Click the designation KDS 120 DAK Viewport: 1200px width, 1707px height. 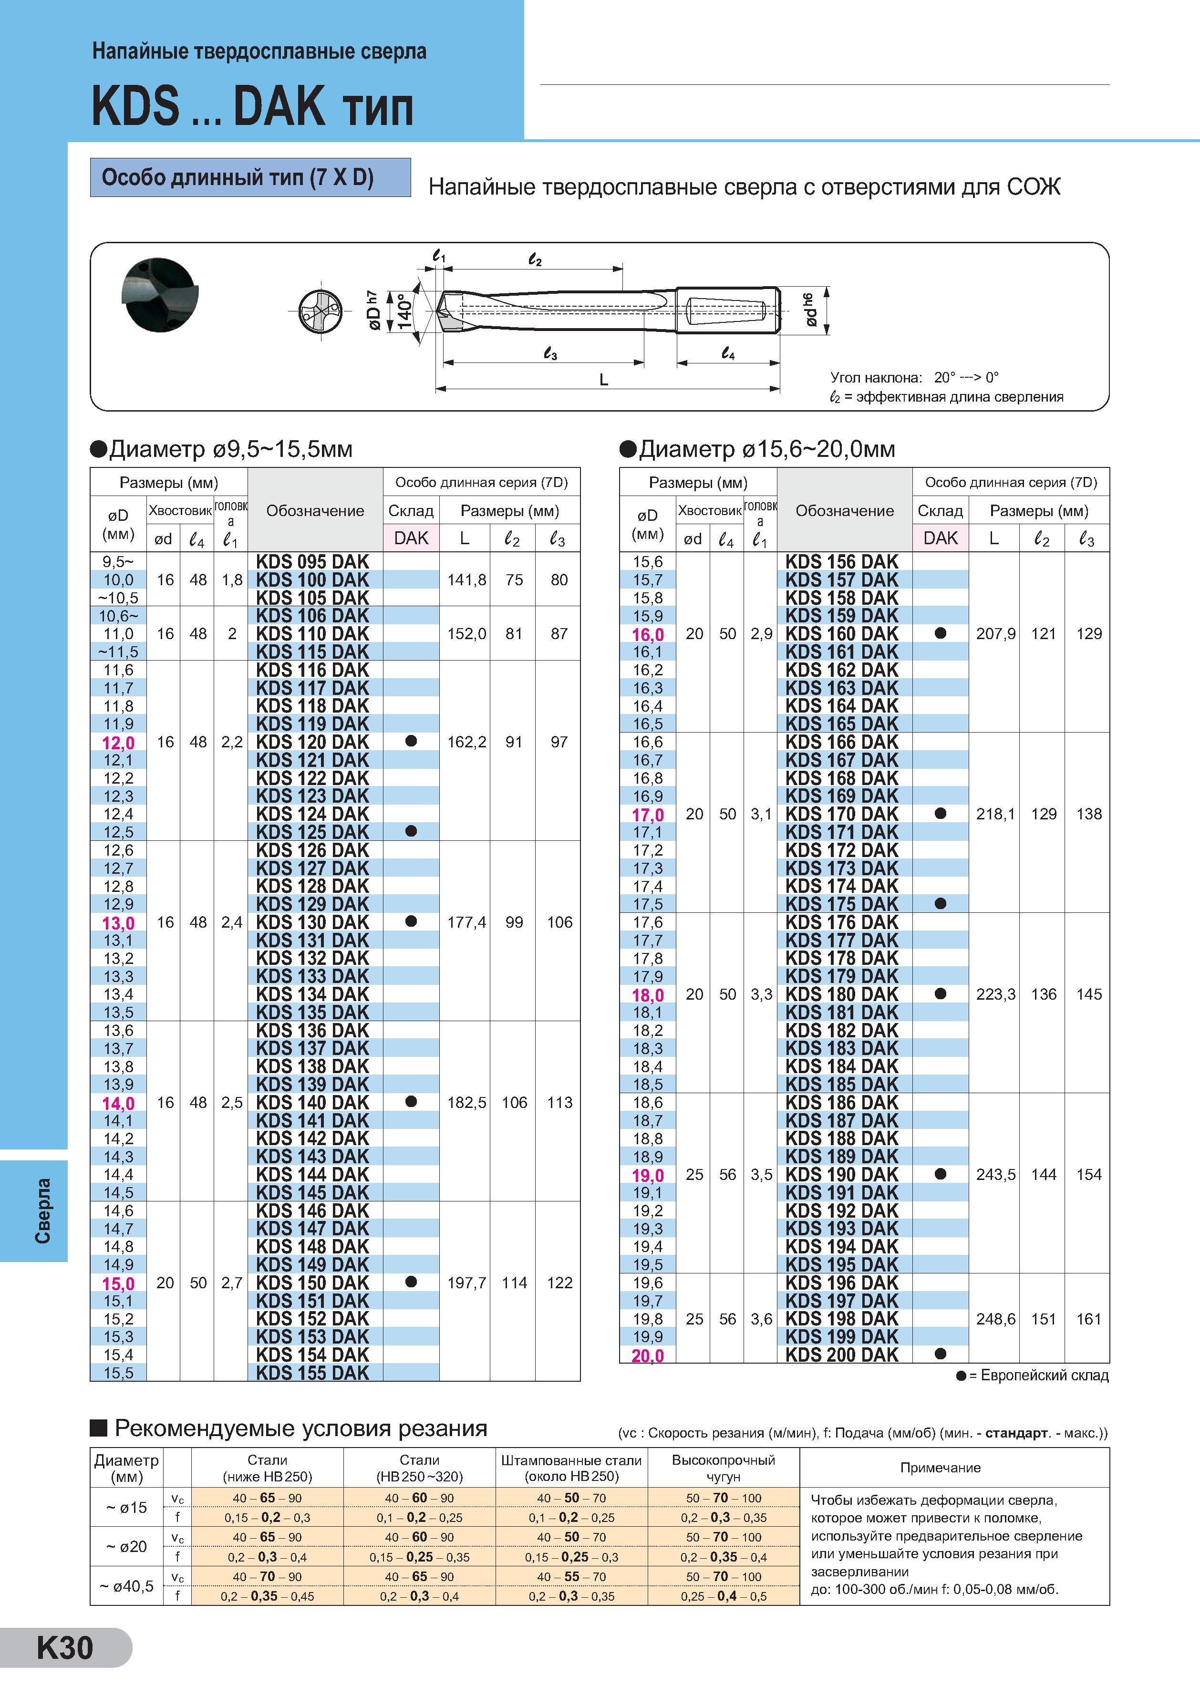pyautogui.click(x=312, y=742)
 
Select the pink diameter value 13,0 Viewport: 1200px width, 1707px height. pyautogui.click(x=118, y=922)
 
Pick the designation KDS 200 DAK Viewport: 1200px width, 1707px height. pyautogui.click(x=842, y=1355)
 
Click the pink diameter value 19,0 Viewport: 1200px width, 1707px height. pyautogui.click(x=648, y=1175)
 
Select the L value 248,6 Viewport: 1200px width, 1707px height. pyautogui.click(x=995, y=1319)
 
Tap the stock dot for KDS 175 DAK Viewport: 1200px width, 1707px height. pyautogui.click(x=941, y=903)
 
